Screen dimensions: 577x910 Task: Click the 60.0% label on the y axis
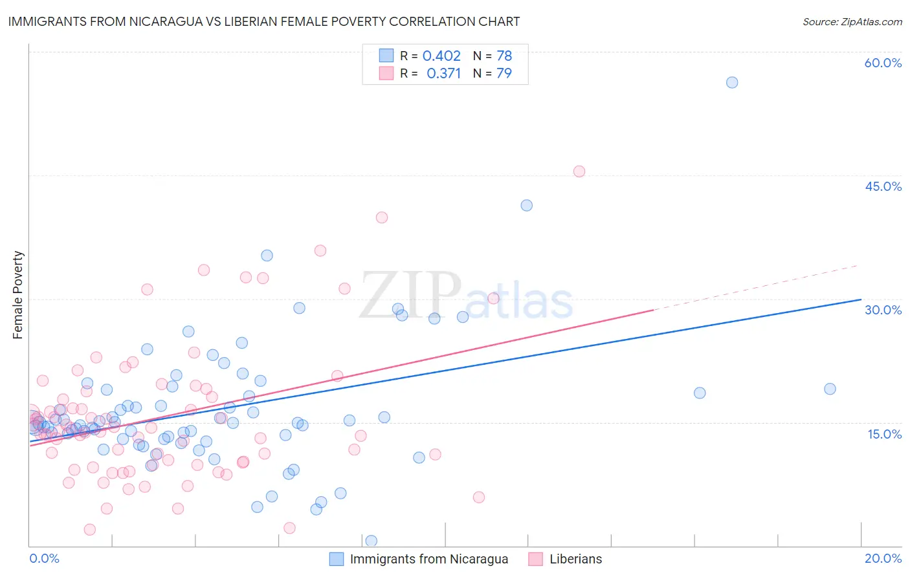(x=883, y=63)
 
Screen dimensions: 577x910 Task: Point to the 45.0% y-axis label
(x=883, y=186)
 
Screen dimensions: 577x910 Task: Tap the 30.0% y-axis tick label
(x=883, y=310)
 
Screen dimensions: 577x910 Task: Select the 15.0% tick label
(x=884, y=434)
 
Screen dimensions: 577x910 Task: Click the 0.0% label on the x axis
(x=44, y=558)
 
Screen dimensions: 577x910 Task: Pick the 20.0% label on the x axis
(x=883, y=558)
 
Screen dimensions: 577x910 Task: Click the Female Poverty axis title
(x=18, y=295)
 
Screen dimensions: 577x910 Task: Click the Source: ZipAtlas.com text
(x=852, y=21)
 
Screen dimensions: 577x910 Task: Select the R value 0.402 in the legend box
(x=441, y=56)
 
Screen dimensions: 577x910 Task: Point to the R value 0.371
(x=443, y=73)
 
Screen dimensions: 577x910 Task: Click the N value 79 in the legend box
(x=504, y=73)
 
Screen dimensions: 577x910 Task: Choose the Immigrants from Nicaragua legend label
(x=428, y=559)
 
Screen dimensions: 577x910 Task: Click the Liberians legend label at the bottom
(x=575, y=559)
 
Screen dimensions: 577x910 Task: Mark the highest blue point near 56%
(x=732, y=82)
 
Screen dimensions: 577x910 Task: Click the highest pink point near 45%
(x=579, y=171)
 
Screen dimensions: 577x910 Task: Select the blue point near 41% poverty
(x=527, y=205)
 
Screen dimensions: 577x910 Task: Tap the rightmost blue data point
(x=830, y=389)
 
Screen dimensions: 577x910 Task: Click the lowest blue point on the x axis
(x=372, y=541)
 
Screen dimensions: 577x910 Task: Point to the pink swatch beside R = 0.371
(x=386, y=73)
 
